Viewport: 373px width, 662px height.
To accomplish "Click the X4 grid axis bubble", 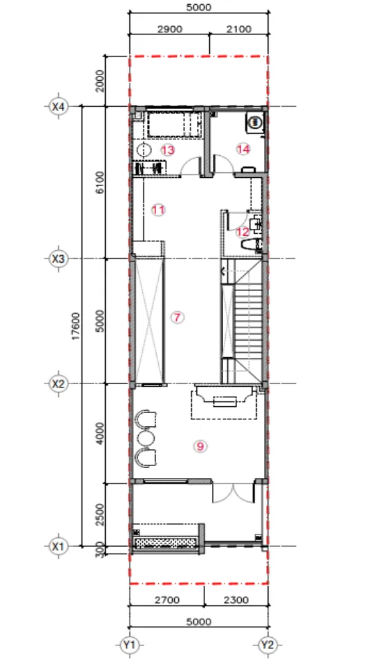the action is (x=58, y=106).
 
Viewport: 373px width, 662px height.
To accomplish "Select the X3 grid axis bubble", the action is (x=58, y=259).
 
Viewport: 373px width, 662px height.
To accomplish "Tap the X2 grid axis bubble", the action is (x=58, y=384).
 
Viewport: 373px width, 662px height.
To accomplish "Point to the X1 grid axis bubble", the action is (x=58, y=546).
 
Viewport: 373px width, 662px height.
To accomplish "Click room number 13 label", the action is (x=168, y=150).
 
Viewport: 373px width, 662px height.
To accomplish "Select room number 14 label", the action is (x=243, y=149).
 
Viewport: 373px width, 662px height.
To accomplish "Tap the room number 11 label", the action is (x=159, y=210).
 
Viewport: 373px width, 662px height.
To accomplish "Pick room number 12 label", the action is (x=242, y=232).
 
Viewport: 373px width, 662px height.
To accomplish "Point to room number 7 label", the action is (x=178, y=317).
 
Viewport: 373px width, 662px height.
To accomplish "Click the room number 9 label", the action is (x=200, y=446).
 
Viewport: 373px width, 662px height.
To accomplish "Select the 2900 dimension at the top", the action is (x=169, y=29).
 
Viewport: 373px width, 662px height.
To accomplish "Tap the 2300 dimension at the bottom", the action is (x=236, y=599).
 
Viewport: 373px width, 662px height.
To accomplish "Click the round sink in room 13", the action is (x=144, y=150).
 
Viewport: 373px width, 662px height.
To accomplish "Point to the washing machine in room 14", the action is (x=255, y=123).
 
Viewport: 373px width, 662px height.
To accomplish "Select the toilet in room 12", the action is (x=251, y=244).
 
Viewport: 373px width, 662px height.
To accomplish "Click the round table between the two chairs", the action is (x=145, y=438).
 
